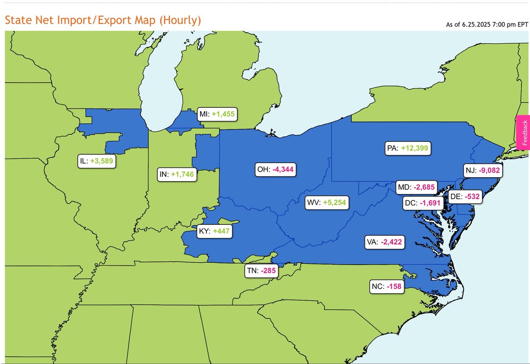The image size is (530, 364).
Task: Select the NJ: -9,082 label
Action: [483, 170]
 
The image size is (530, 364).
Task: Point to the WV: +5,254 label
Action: [326, 203]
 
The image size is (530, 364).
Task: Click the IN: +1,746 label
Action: [177, 174]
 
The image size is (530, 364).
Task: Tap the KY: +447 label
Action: [215, 231]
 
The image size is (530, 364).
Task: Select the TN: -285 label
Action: [262, 271]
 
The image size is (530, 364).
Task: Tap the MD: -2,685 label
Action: [416, 187]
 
